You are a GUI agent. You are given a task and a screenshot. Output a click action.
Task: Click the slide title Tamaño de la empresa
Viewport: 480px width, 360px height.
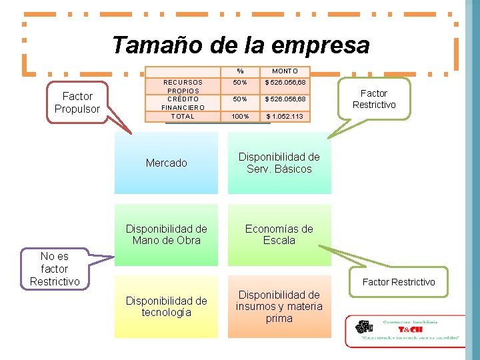coord(240,45)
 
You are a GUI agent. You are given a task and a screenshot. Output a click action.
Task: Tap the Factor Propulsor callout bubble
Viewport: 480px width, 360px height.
coord(77,102)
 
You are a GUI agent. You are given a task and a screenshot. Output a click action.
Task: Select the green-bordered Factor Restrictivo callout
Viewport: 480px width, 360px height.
coord(374,99)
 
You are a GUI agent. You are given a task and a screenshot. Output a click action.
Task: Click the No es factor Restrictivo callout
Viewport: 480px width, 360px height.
coord(55,269)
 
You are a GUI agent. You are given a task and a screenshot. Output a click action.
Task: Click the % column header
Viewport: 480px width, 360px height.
coord(240,71)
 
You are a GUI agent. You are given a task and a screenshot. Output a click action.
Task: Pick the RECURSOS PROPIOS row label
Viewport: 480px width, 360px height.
coord(183,87)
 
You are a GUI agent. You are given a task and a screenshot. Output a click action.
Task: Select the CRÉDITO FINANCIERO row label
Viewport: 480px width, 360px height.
coord(183,103)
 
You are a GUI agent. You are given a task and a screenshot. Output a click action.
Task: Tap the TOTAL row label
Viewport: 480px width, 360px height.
coord(183,117)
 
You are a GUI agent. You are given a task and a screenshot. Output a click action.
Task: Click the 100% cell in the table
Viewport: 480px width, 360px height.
coord(240,117)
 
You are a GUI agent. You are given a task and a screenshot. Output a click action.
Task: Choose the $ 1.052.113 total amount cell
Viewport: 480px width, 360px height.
coord(285,117)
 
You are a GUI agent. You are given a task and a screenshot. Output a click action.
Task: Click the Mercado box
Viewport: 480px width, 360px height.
coord(166,163)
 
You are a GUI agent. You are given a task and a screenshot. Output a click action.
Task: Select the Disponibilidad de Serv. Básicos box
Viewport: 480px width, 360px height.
coord(279,163)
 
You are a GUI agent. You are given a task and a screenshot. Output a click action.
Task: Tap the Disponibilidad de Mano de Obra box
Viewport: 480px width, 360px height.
coord(166,235)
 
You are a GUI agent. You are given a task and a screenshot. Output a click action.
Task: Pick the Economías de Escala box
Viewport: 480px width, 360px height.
coord(279,235)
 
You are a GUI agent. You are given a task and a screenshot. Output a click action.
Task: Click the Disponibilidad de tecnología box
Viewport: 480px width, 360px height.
coord(166,307)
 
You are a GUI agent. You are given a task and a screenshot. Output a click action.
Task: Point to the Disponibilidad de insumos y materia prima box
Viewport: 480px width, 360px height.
coord(279,307)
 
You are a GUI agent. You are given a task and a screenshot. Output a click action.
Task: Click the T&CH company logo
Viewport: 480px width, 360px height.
coord(405,331)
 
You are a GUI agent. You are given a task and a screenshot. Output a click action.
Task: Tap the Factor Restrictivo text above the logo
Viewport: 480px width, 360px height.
coord(399,282)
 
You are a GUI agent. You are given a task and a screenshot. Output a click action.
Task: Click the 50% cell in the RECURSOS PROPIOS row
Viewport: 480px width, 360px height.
coord(240,83)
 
